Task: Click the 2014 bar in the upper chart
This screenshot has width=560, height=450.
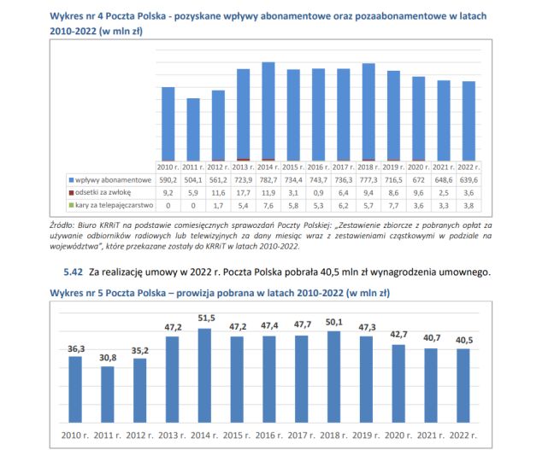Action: pyautogui.click(x=268, y=111)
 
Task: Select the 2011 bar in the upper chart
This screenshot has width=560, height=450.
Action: pyautogui.click(x=193, y=129)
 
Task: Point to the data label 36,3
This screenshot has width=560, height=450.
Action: pyautogui.click(x=75, y=348)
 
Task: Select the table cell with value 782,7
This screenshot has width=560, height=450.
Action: pyautogui.click(x=268, y=180)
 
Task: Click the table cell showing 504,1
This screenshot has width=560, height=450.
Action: pyautogui.click(x=193, y=180)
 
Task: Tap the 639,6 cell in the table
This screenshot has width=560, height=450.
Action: pyautogui.click(x=468, y=180)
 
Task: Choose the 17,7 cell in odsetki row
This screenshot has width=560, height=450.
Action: pyautogui.click(x=243, y=193)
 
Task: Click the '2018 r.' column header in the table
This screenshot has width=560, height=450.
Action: pyautogui.click(x=368, y=167)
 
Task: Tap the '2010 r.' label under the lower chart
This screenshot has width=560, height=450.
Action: pyautogui.click(x=75, y=436)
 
